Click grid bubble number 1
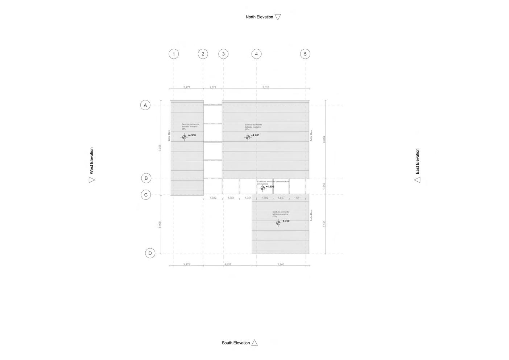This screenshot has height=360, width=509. pyautogui.click(x=174, y=54)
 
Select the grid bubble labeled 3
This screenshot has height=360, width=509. pyautogui.click(x=223, y=54)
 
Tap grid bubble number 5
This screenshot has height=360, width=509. pyautogui.click(x=305, y=54)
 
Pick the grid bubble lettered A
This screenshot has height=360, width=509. pyautogui.click(x=145, y=105)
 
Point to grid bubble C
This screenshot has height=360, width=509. pyautogui.click(x=146, y=195)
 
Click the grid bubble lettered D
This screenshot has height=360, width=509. pyautogui.click(x=150, y=253)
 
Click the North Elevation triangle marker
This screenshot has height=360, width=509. pyautogui.click(x=278, y=17)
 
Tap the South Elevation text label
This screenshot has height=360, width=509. pyautogui.click(x=236, y=343)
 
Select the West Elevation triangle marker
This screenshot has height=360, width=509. pyautogui.click(x=91, y=180)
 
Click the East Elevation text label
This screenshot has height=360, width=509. pyautogui.click(x=417, y=161)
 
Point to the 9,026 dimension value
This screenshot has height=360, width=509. pyautogui.click(x=266, y=87)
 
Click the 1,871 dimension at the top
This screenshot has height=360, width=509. pyautogui.click(x=213, y=87)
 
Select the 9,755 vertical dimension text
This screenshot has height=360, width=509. pyautogui.click(x=160, y=148)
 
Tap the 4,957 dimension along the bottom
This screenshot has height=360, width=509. pyautogui.click(x=228, y=264)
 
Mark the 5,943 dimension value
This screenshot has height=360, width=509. pyautogui.click(x=281, y=264)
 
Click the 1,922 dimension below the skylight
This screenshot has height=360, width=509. pyautogui.click(x=213, y=198)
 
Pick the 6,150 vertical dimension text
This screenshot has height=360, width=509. pyautogui.click(x=324, y=224)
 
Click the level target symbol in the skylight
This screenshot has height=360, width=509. pyautogui.click(x=263, y=188)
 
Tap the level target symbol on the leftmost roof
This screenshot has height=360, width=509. pyautogui.click(x=184, y=137)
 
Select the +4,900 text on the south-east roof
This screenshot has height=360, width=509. pyautogui.click(x=285, y=221)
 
